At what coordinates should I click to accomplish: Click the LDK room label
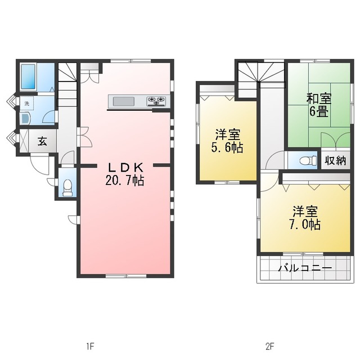click(126, 168)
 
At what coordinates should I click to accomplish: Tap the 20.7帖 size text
click(125, 180)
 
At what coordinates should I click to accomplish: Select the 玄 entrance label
click(43, 141)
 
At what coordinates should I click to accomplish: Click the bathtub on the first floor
click(28, 76)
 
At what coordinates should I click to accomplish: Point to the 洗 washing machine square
click(27, 103)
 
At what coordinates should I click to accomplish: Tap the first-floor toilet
click(67, 187)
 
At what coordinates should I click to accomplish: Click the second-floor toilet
click(308, 160)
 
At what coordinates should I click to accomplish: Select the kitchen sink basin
click(124, 101)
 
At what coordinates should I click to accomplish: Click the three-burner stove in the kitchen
click(156, 101)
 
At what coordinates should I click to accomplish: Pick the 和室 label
click(319, 99)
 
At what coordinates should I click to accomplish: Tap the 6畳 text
click(319, 111)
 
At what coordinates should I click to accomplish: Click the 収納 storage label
click(335, 160)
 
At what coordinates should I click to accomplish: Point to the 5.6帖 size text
click(227, 147)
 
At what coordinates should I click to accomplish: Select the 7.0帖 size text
click(305, 224)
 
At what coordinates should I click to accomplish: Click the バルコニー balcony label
click(305, 268)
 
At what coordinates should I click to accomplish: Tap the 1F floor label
click(90, 346)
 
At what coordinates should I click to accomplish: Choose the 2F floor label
click(270, 346)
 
